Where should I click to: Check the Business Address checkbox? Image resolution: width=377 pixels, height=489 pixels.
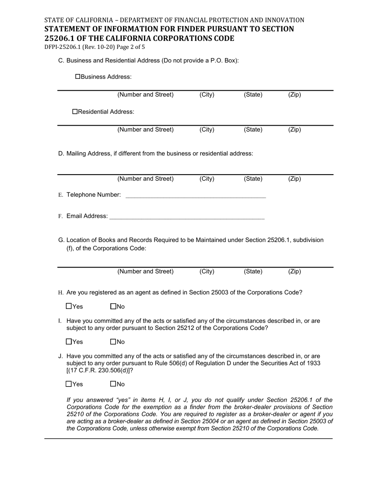coord(78,76)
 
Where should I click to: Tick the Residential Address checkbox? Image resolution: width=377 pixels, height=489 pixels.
coord(75,112)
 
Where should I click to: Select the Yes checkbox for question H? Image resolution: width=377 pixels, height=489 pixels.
coord(69,307)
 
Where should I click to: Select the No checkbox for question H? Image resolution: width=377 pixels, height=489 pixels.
coord(113,307)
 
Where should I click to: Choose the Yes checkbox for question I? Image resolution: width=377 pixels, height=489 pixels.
coord(69,342)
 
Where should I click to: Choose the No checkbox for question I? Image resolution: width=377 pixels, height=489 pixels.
coord(113,342)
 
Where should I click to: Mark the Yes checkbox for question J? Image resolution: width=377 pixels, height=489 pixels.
coord(69,384)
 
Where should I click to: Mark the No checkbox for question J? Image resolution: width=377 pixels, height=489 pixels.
coord(113,384)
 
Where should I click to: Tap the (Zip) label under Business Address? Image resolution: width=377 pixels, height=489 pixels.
coord(294,95)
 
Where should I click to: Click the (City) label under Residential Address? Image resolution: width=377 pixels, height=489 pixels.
coord(207,130)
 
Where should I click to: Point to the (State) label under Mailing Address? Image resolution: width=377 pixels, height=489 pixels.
coord(253,179)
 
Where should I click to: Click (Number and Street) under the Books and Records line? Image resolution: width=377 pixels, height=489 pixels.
coord(145,272)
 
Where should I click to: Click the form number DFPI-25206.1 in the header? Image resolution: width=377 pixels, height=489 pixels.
coord(62,47)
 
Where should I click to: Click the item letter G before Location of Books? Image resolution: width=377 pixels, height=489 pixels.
coord(61,240)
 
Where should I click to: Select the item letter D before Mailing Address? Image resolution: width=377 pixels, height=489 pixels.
coord(61,153)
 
